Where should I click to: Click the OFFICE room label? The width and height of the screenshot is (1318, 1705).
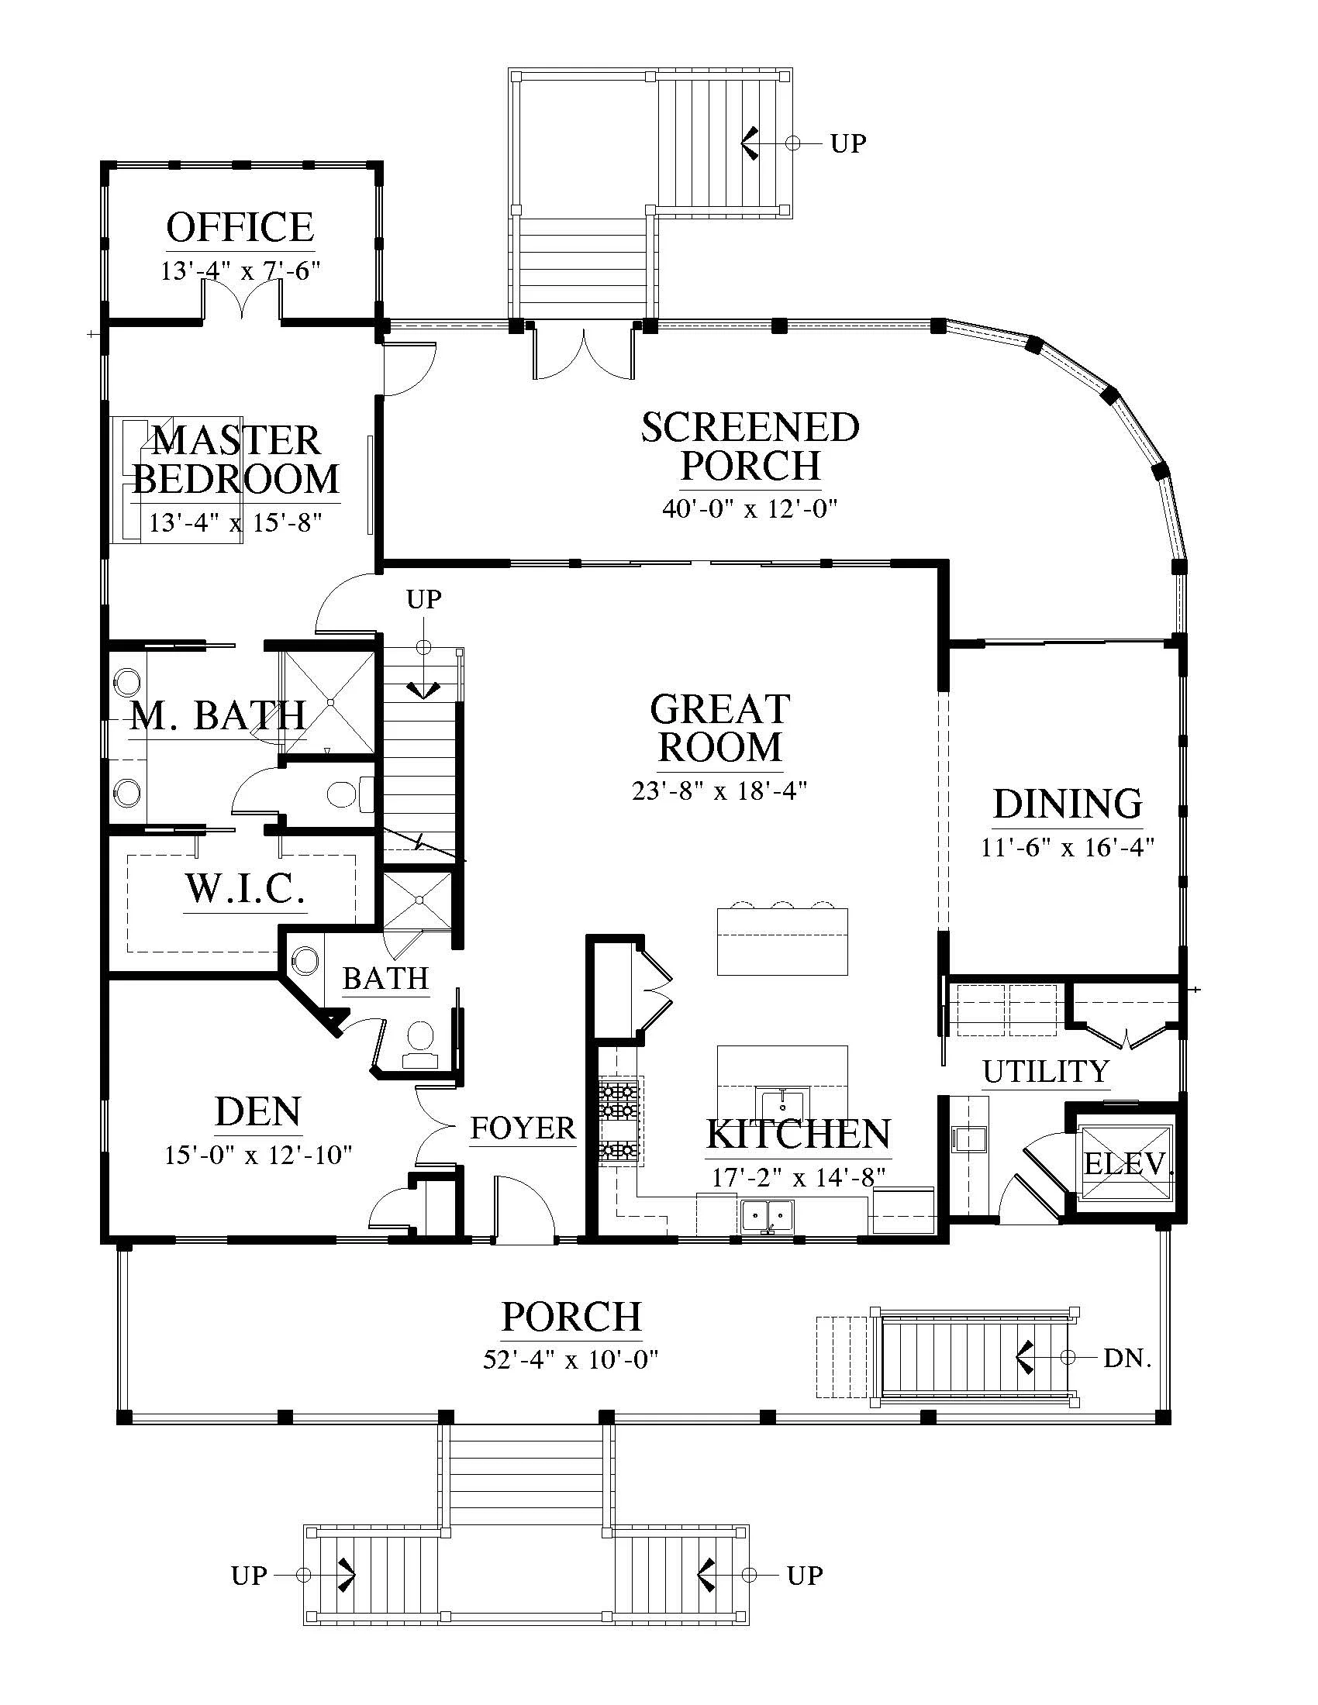240,227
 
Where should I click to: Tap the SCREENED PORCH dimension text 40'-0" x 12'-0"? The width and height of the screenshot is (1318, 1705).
750,509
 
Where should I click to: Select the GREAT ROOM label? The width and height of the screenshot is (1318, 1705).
720,728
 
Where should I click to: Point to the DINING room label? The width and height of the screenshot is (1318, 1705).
1068,804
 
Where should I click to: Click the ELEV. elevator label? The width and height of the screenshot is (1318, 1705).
1129,1164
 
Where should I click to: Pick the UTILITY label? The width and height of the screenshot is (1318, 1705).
1046,1072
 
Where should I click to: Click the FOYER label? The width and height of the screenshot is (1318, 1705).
523,1128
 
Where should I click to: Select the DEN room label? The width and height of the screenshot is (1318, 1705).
257,1112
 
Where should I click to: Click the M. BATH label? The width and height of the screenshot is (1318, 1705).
218,715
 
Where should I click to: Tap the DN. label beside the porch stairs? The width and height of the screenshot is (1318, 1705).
1127,1359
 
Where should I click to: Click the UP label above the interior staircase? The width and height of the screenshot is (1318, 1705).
423,600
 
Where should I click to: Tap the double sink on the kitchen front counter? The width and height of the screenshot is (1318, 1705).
768,1216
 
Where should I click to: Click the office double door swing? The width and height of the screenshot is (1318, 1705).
242,298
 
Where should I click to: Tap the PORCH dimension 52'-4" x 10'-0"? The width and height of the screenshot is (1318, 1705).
571,1359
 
